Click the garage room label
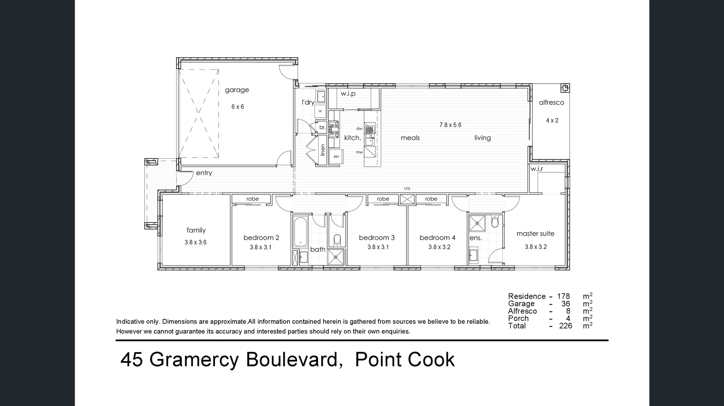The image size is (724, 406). [x=237, y=90]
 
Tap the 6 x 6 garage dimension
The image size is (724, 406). [x=238, y=107]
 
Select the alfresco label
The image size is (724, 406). [x=551, y=103]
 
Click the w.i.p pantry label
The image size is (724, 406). [x=348, y=93]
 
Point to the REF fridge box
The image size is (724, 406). [x=336, y=156]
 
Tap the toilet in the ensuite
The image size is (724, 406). [x=495, y=222]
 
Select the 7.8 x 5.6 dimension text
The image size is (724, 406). [x=450, y=125]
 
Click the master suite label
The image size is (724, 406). [x=535, y=234]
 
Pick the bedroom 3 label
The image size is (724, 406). [x=376, y=238]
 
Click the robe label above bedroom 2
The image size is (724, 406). [x=252, y=199]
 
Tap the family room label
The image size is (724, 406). [x=196, y=230]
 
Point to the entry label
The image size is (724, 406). [x=204, y=173]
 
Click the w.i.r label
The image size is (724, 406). [x=536, y=169]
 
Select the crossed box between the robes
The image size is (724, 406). [x=407, y=199]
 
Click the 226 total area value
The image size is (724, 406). [x=565, y=326]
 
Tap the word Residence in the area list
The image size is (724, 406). [x=526, y=296]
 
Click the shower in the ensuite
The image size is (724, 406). [x=477, y=223]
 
